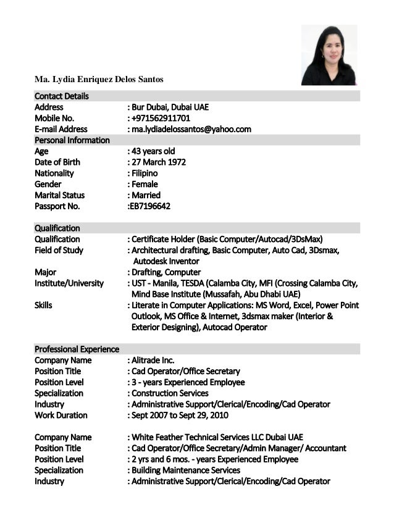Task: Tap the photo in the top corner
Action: pyautogui.click(x=329, y=55)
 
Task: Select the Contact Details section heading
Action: pyautogui.click(x=62, y=96)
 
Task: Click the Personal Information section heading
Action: pyautogui.click(x=72, y=140)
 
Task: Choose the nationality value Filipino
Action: pyautogui.click(x=145, y=173)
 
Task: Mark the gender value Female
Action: pyautogui.click(x=145, y=184)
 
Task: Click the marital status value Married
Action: pyautogui.click(x=146, y=195)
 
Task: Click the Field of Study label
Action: pyautogui.click(x=59, y=250)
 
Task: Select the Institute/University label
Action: pyautogui.click(x=69, y=283)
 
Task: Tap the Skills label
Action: pyautogui.click(x=43, y=305)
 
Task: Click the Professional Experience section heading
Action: pyautogui.click(x=77, y=349)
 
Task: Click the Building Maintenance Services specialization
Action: pyautogui.click(x=185, y=470)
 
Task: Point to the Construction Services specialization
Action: pyautogui.click(x=170, y=393)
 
